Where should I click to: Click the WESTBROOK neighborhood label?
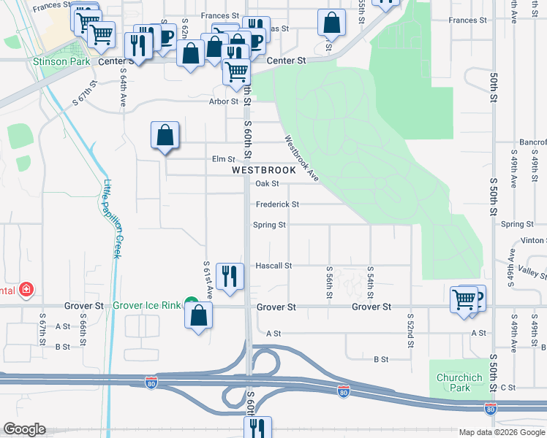point(264,170)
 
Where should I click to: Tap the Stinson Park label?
point(61,62)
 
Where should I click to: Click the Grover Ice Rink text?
point(146,307)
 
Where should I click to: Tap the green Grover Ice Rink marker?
point(191,301)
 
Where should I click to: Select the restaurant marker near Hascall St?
point(230,276)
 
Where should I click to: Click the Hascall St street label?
point(273,266)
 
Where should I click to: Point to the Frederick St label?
point(277,204)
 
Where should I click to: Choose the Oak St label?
point(267,184)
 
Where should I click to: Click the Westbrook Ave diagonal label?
point(301,156)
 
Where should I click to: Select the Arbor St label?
point(225,101)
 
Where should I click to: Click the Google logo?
point(24,429)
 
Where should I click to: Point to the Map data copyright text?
point(501,432)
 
